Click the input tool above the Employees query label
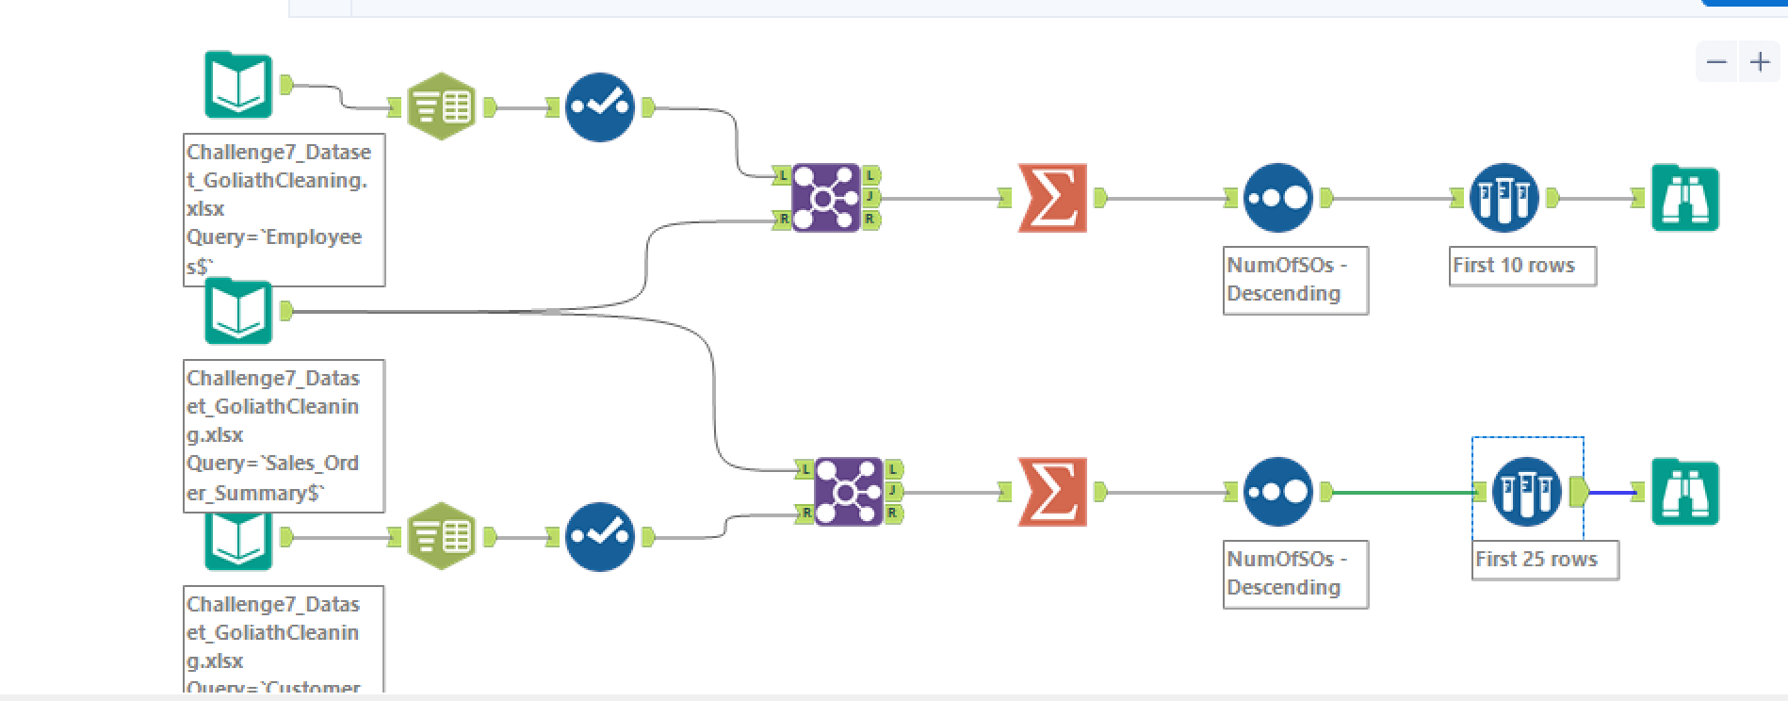click(x=238, y=85)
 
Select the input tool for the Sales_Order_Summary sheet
click(x=238, y=312)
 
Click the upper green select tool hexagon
click(x=441, y=106)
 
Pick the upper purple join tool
click(x=825, y=198)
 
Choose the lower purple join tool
click(x=848, y=492)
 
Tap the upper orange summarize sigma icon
click(x=1052, y=198)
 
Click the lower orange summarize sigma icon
click(x=1052, y=492)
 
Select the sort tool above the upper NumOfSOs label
click(x=1277, y=198)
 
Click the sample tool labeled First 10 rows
click(x=1504, y=198)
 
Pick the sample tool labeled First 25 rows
click(x=1526, y=492)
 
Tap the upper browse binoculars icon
click(x=1685, y=198)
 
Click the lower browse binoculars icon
click(x=1685, y=492)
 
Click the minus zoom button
click(x=1716, y=62)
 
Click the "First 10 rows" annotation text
click(x=1513, y=266)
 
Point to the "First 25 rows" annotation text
click(x=1536, y=560)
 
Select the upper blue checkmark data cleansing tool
click(x=599, y=106)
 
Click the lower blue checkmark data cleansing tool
click(x=599, y=537)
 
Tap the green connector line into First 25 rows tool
click(x=1404, y=492)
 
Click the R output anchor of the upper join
click(x=870, y=220)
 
